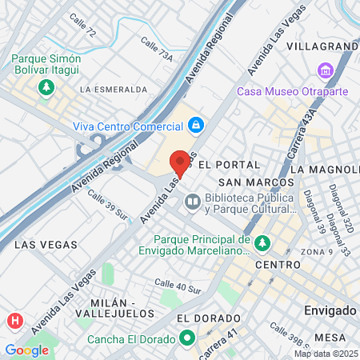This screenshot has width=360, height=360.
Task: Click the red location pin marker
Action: coord(180,162)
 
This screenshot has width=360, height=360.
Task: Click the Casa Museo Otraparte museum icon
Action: coord(325,71)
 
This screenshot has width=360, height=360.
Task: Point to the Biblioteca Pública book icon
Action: coord(191,202)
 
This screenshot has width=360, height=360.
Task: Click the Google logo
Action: coord(26,350)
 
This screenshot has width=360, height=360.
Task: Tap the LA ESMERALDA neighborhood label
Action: coord(111,89)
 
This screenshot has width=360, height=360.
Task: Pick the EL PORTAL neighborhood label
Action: coord(229,164)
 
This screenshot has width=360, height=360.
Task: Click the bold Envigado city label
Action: coord(330,309)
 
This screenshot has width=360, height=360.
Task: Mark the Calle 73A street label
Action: coord(156,48)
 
